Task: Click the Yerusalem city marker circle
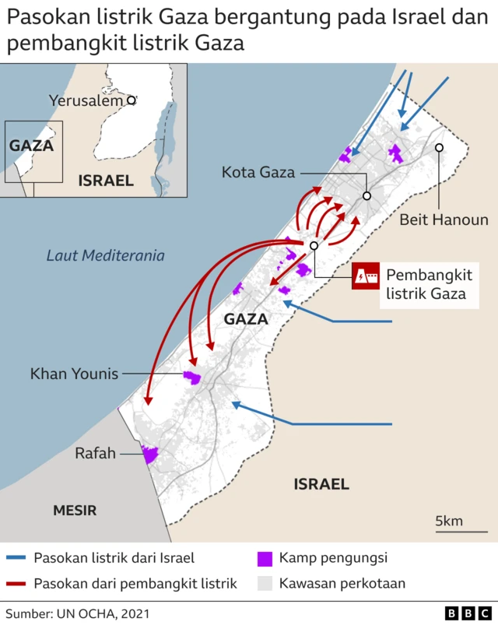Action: coord(132,100)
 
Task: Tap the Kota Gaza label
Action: coord(258,172)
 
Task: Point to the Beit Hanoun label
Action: coord(444,219)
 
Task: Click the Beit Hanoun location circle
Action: coord(440,147)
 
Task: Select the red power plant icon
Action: coord(365,276)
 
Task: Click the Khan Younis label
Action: coord(74,374)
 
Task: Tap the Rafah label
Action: coord(95,453)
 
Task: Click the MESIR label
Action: coord(75,511)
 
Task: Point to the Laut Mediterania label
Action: coord(106,255)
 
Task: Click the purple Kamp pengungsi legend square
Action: coord(265,558)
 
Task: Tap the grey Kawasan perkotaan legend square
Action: coord(265,583)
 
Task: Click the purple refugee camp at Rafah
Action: coord(149,453)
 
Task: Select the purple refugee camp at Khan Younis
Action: coord(192,377)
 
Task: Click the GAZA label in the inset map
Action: coord(31,146)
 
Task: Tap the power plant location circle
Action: coord(314,246)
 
